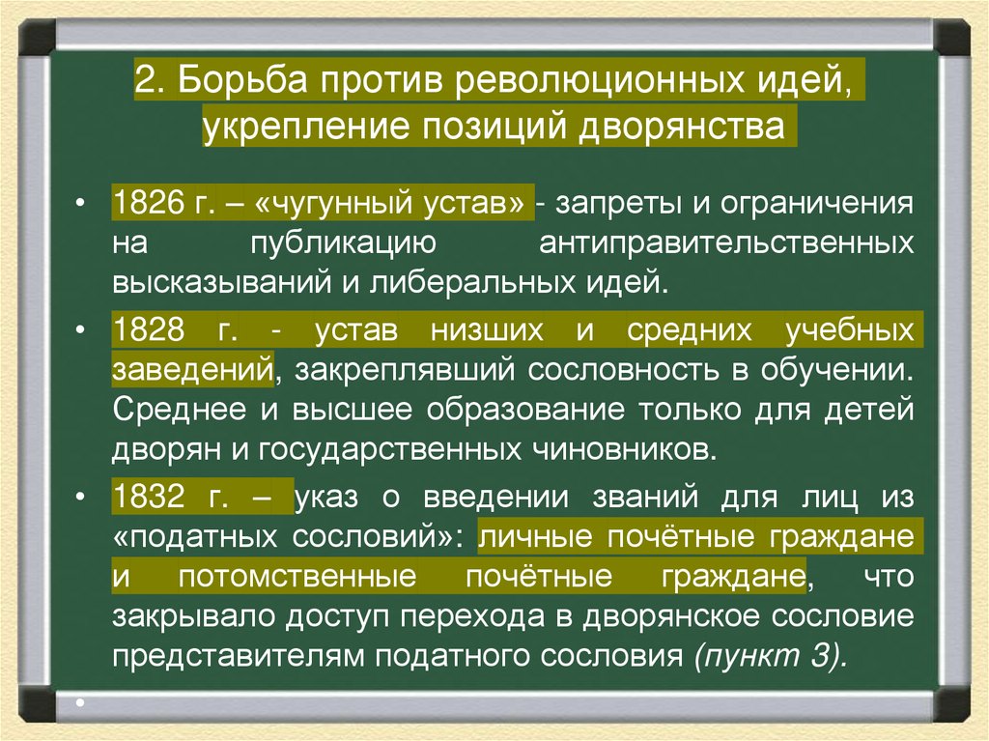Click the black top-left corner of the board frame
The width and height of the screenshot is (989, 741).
pos(37,36)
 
